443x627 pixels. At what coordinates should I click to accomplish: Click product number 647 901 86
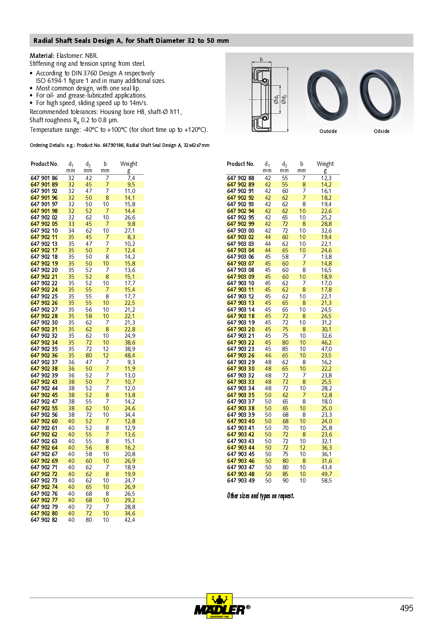tap(44, 178)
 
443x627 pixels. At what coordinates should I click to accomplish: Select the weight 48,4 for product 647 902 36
tap(130, 356)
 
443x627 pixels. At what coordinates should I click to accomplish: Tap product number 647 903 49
tap(241, 481)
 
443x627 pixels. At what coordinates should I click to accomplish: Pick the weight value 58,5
tap(326, 481)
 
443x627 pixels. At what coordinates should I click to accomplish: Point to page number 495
tap(406, 608)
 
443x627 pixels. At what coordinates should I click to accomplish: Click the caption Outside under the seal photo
tap(328, 131)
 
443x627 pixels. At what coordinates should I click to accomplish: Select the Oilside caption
tap(382, 131)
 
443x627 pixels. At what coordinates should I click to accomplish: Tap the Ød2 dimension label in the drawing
tap(284, 99)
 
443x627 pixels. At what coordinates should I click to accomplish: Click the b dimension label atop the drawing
tap(261, 59)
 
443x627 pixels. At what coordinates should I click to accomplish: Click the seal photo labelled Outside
tap(327, 95)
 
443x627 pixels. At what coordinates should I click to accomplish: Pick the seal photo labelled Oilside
tap(380, 95)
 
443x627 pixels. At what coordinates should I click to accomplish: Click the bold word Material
tap(42, 56)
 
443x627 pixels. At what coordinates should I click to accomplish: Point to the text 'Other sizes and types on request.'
tap(260, 496)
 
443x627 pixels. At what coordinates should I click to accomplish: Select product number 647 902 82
tap(44, 520)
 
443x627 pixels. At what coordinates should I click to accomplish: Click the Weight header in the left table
tap(129, 164)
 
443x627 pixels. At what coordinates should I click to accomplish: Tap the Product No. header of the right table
tap(240, 164)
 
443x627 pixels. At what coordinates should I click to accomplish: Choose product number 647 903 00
tap(241, 231)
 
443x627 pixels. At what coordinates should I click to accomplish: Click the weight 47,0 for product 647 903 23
tap(326, 349)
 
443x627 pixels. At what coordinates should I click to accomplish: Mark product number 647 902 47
tap(44, 402)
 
